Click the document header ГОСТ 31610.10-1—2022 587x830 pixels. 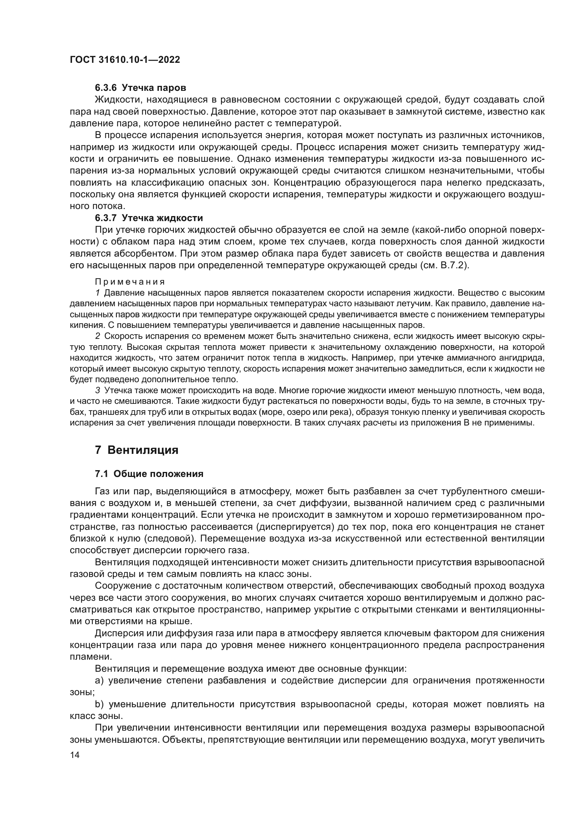[x=125, y=60]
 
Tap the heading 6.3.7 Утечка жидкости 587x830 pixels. [x=149, y=218]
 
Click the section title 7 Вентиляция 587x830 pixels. [x=137, y=450]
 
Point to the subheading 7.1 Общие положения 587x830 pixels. [x=149, y=474]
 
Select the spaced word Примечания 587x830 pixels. [x=130, y=282]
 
